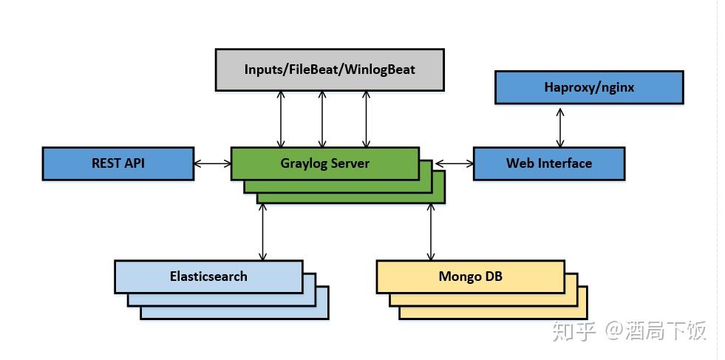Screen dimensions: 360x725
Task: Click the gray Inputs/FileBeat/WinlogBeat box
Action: click(330, 69)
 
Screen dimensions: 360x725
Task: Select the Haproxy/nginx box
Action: click(588, 87)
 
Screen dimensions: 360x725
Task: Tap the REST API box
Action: click(118, 163)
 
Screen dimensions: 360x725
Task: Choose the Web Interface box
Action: click(548, 163)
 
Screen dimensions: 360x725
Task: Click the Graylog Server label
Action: click(324, 163)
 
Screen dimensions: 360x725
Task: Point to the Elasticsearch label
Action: click(208, 276)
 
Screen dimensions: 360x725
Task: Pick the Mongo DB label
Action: click(470, 276)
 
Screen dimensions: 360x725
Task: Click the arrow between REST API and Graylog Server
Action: click(213, 163)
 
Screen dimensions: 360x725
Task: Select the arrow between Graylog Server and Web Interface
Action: click(455, 163)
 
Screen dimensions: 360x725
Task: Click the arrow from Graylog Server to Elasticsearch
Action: click(262, 232)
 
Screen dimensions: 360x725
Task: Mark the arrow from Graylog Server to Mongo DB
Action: click(431, 232)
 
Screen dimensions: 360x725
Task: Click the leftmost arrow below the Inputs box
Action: click(281, 119)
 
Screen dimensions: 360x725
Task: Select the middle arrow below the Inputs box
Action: click(322, 119)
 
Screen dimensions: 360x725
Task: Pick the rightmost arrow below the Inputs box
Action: click(365, 119)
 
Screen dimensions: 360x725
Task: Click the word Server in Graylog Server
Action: click(350, 163)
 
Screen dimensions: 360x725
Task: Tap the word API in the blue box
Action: click(135, 163)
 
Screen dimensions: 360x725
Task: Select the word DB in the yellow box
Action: click(493, 276)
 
